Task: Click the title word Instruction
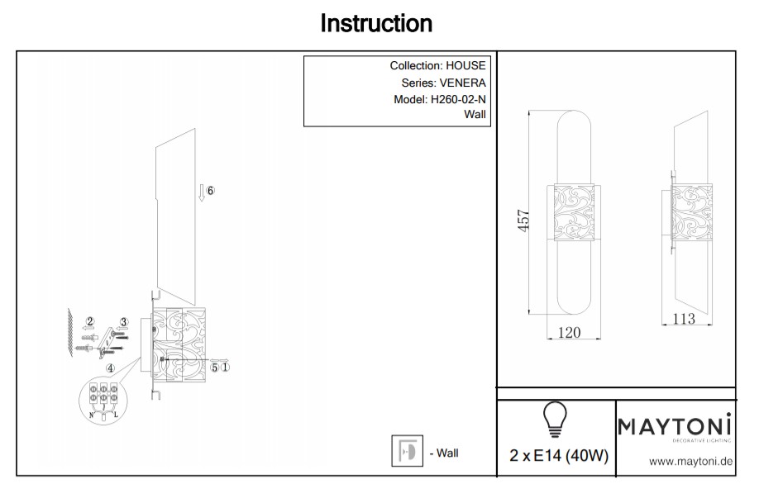376,24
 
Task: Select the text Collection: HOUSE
437,66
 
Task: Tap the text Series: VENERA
443,83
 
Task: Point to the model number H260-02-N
458,99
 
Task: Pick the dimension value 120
570,333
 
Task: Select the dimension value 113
683,320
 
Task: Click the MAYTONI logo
675,427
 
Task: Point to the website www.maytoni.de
690,462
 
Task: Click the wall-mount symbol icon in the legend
407,451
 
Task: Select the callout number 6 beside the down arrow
210,191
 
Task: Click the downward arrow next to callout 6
200,193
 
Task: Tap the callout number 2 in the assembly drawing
91,320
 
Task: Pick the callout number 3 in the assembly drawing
124,322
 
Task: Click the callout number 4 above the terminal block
110,368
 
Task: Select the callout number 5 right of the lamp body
214,368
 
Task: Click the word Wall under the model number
476,116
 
